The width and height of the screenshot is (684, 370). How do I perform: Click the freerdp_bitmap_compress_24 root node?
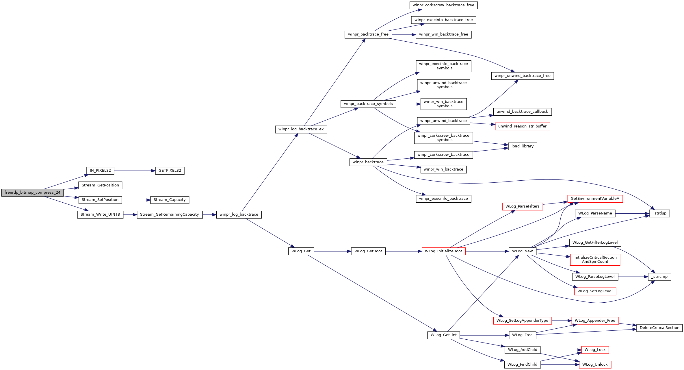point(32,193)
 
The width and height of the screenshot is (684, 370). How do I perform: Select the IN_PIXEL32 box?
point(100,171)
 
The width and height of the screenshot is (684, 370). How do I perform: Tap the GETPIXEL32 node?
point(170,171)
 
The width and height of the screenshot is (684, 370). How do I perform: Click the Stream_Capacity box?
point(170,200)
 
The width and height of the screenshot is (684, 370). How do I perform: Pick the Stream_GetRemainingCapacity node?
point(170,214)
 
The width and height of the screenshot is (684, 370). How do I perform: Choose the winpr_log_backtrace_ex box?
point(301,129)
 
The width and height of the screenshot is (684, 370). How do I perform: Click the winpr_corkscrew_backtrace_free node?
point(443,5)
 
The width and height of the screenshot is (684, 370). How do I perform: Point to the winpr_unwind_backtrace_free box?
point(522,76)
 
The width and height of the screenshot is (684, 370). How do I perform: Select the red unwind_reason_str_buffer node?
point(522,126)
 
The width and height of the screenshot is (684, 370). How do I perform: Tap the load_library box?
point(522,146)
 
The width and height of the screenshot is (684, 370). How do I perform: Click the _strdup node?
point(659,213)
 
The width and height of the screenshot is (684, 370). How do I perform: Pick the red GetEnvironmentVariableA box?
point(595,199)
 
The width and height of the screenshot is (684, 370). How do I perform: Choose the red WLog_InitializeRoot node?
point(443,251)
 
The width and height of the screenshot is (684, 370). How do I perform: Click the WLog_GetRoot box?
point(368,251)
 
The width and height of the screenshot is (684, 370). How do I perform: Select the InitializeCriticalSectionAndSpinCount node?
point(595,259)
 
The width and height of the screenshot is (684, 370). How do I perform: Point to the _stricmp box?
point(659,277)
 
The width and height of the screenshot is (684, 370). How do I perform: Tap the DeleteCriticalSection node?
point(659,328)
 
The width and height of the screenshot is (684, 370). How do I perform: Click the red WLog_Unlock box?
point(595,365)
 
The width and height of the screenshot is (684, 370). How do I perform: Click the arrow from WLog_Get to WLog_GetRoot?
point(332,251)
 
